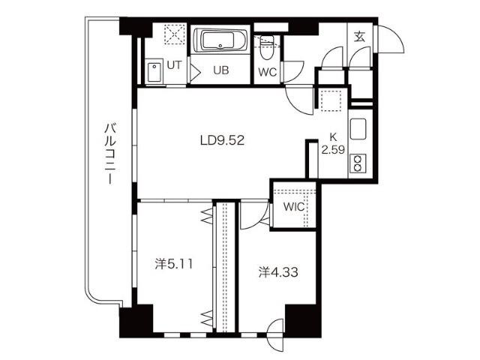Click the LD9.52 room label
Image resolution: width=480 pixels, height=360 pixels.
[222, 140]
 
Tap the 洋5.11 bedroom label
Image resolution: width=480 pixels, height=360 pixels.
[173, 264]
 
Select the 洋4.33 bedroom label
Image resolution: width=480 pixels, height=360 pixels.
[278, 271]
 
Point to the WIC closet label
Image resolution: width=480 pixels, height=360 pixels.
[294, 207]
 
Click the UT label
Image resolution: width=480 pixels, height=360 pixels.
[174, 65]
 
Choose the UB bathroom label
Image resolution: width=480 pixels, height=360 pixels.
[221, 70]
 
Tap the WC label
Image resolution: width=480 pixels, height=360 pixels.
[268, 72]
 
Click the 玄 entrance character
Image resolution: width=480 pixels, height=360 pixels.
[360, 37]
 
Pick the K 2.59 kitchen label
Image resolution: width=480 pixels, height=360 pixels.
[333, 143]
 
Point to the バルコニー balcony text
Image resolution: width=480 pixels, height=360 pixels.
[110, 154]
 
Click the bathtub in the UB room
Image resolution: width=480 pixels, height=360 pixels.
[220, 40]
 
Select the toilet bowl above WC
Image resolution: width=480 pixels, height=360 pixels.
[267, 48]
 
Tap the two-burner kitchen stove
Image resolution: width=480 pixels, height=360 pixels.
[358, 163]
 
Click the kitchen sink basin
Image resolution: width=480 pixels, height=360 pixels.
[358, 128]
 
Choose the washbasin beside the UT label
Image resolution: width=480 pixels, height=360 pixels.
[154, 73]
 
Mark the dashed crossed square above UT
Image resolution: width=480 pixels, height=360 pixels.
[175, 35]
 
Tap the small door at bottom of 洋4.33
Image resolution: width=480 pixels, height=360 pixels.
[275, 328]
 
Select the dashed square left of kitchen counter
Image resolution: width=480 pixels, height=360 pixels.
[331, 100]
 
